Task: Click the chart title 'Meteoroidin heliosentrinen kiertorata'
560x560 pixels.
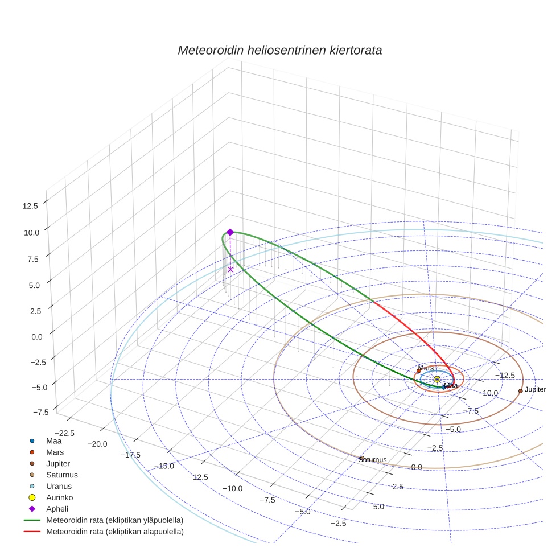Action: point(279,50)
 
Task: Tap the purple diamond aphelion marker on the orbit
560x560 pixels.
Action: point(230,232)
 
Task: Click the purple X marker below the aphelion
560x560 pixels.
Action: point(230,269)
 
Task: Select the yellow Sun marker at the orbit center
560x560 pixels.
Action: point(437,379)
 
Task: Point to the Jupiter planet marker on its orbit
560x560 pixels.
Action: point(520,391)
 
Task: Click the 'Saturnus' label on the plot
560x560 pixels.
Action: point(373,460)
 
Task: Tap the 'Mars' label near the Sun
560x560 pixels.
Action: point(426,368)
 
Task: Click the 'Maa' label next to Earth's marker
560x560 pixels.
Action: point(451,386)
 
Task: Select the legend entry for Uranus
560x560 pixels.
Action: point(59,487)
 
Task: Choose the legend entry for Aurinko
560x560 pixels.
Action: point(59,498)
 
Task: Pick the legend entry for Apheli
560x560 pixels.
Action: point(57,509)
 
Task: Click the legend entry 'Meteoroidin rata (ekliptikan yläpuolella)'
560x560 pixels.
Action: point(114,521)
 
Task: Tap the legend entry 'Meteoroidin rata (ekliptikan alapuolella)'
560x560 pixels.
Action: point(114,532)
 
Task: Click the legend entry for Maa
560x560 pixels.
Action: point(53,441)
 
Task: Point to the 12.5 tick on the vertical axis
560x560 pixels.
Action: point(30,206)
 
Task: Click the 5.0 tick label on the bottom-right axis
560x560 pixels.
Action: point(378,507)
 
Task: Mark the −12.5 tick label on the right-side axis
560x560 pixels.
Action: point(504,375)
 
